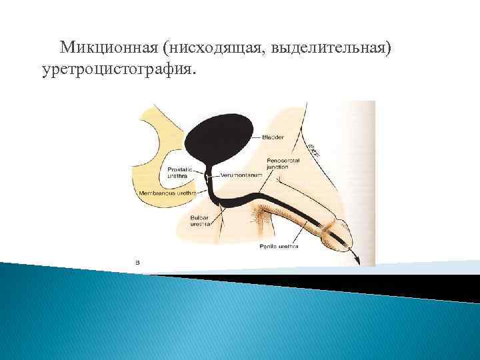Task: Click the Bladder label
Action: point(273,137)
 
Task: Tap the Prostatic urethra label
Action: point(180,173)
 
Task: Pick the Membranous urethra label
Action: point(167,192)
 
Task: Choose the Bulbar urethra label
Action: point(200,221)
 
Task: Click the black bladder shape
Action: point(219,133)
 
